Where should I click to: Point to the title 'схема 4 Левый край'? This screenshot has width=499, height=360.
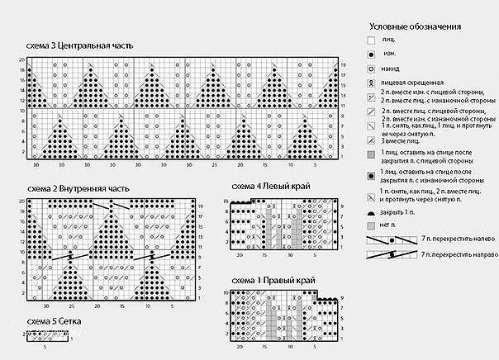271,187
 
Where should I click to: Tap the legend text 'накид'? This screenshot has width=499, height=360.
393,69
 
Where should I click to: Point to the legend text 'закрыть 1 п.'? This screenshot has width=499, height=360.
401,211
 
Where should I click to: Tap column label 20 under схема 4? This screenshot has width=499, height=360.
240,253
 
